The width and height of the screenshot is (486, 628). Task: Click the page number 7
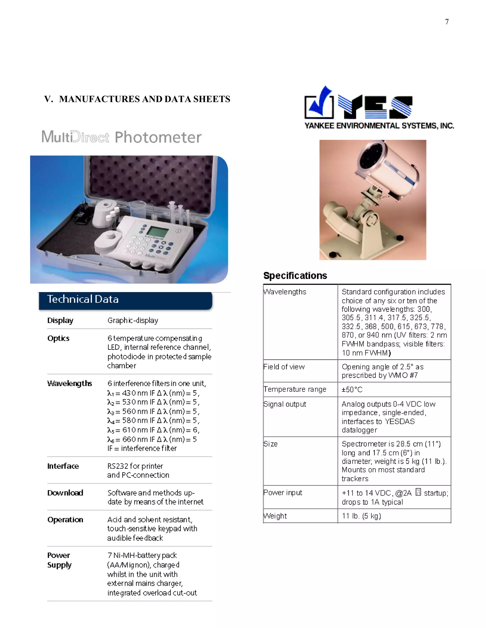pyautogui.click(x=447, y=22)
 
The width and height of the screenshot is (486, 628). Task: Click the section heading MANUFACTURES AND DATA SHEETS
pyautogui.click(x=144, y=99)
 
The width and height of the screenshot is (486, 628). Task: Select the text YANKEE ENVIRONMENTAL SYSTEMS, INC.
pyautogui.click(x=379, y=126)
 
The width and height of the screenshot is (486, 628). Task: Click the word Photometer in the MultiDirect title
pyautogui.click(x=158, y=137)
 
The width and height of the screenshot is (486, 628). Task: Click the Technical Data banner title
pyautogui.click(x=83, y=299)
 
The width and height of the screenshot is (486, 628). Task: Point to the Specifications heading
pyautogui.click(x=295, y=275)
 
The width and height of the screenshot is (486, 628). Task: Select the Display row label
pyautogui.click(x=60, y=320)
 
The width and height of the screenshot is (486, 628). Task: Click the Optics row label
pyautogui.click(x=58, y=338)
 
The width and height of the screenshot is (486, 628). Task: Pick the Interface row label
pyautogui.click(x=63, y=466)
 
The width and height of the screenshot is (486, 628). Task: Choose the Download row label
pyautogui.click(x=65, y=493)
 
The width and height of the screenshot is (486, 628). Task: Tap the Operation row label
pyautogui.click(x=65, y=520)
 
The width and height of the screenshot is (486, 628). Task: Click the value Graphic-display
pyautogui.click(x=133, y=320)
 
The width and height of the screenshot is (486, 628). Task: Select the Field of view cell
pyautogui.click(x=284, y=367)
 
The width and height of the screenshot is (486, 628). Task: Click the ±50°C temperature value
pyautogui.click(x=352, y=389)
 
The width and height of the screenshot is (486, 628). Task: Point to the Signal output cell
pyautogui.click(x=285, y=404)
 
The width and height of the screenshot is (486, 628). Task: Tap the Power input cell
pyautogui.click(x=283, y=493)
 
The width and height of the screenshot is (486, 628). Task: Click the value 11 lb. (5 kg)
pyautogui.click(x=361, y=516)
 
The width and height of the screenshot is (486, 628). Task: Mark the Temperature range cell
pyautogui.click(x=295, y=389)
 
